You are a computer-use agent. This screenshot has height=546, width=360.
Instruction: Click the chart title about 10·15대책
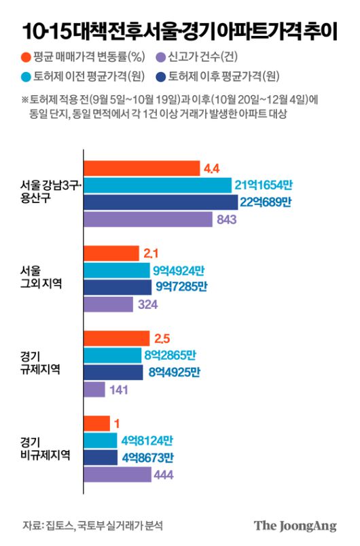[179, 31]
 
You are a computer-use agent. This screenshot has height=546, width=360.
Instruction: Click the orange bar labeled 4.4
[141, 168]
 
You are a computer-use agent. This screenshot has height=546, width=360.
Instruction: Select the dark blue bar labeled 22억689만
[160, 202]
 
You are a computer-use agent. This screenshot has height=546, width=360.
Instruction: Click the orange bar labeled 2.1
[111, 254]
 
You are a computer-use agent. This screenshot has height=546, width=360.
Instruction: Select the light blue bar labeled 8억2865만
[113, 355]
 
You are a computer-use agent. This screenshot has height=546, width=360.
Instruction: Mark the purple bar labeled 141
[94, 389]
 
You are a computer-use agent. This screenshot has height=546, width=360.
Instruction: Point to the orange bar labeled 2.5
[116, 338]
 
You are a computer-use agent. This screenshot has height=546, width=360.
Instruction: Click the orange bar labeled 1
[96, 424]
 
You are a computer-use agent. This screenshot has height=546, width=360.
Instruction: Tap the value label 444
[165, 475]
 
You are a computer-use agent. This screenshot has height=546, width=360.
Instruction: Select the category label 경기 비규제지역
[44, 449]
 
